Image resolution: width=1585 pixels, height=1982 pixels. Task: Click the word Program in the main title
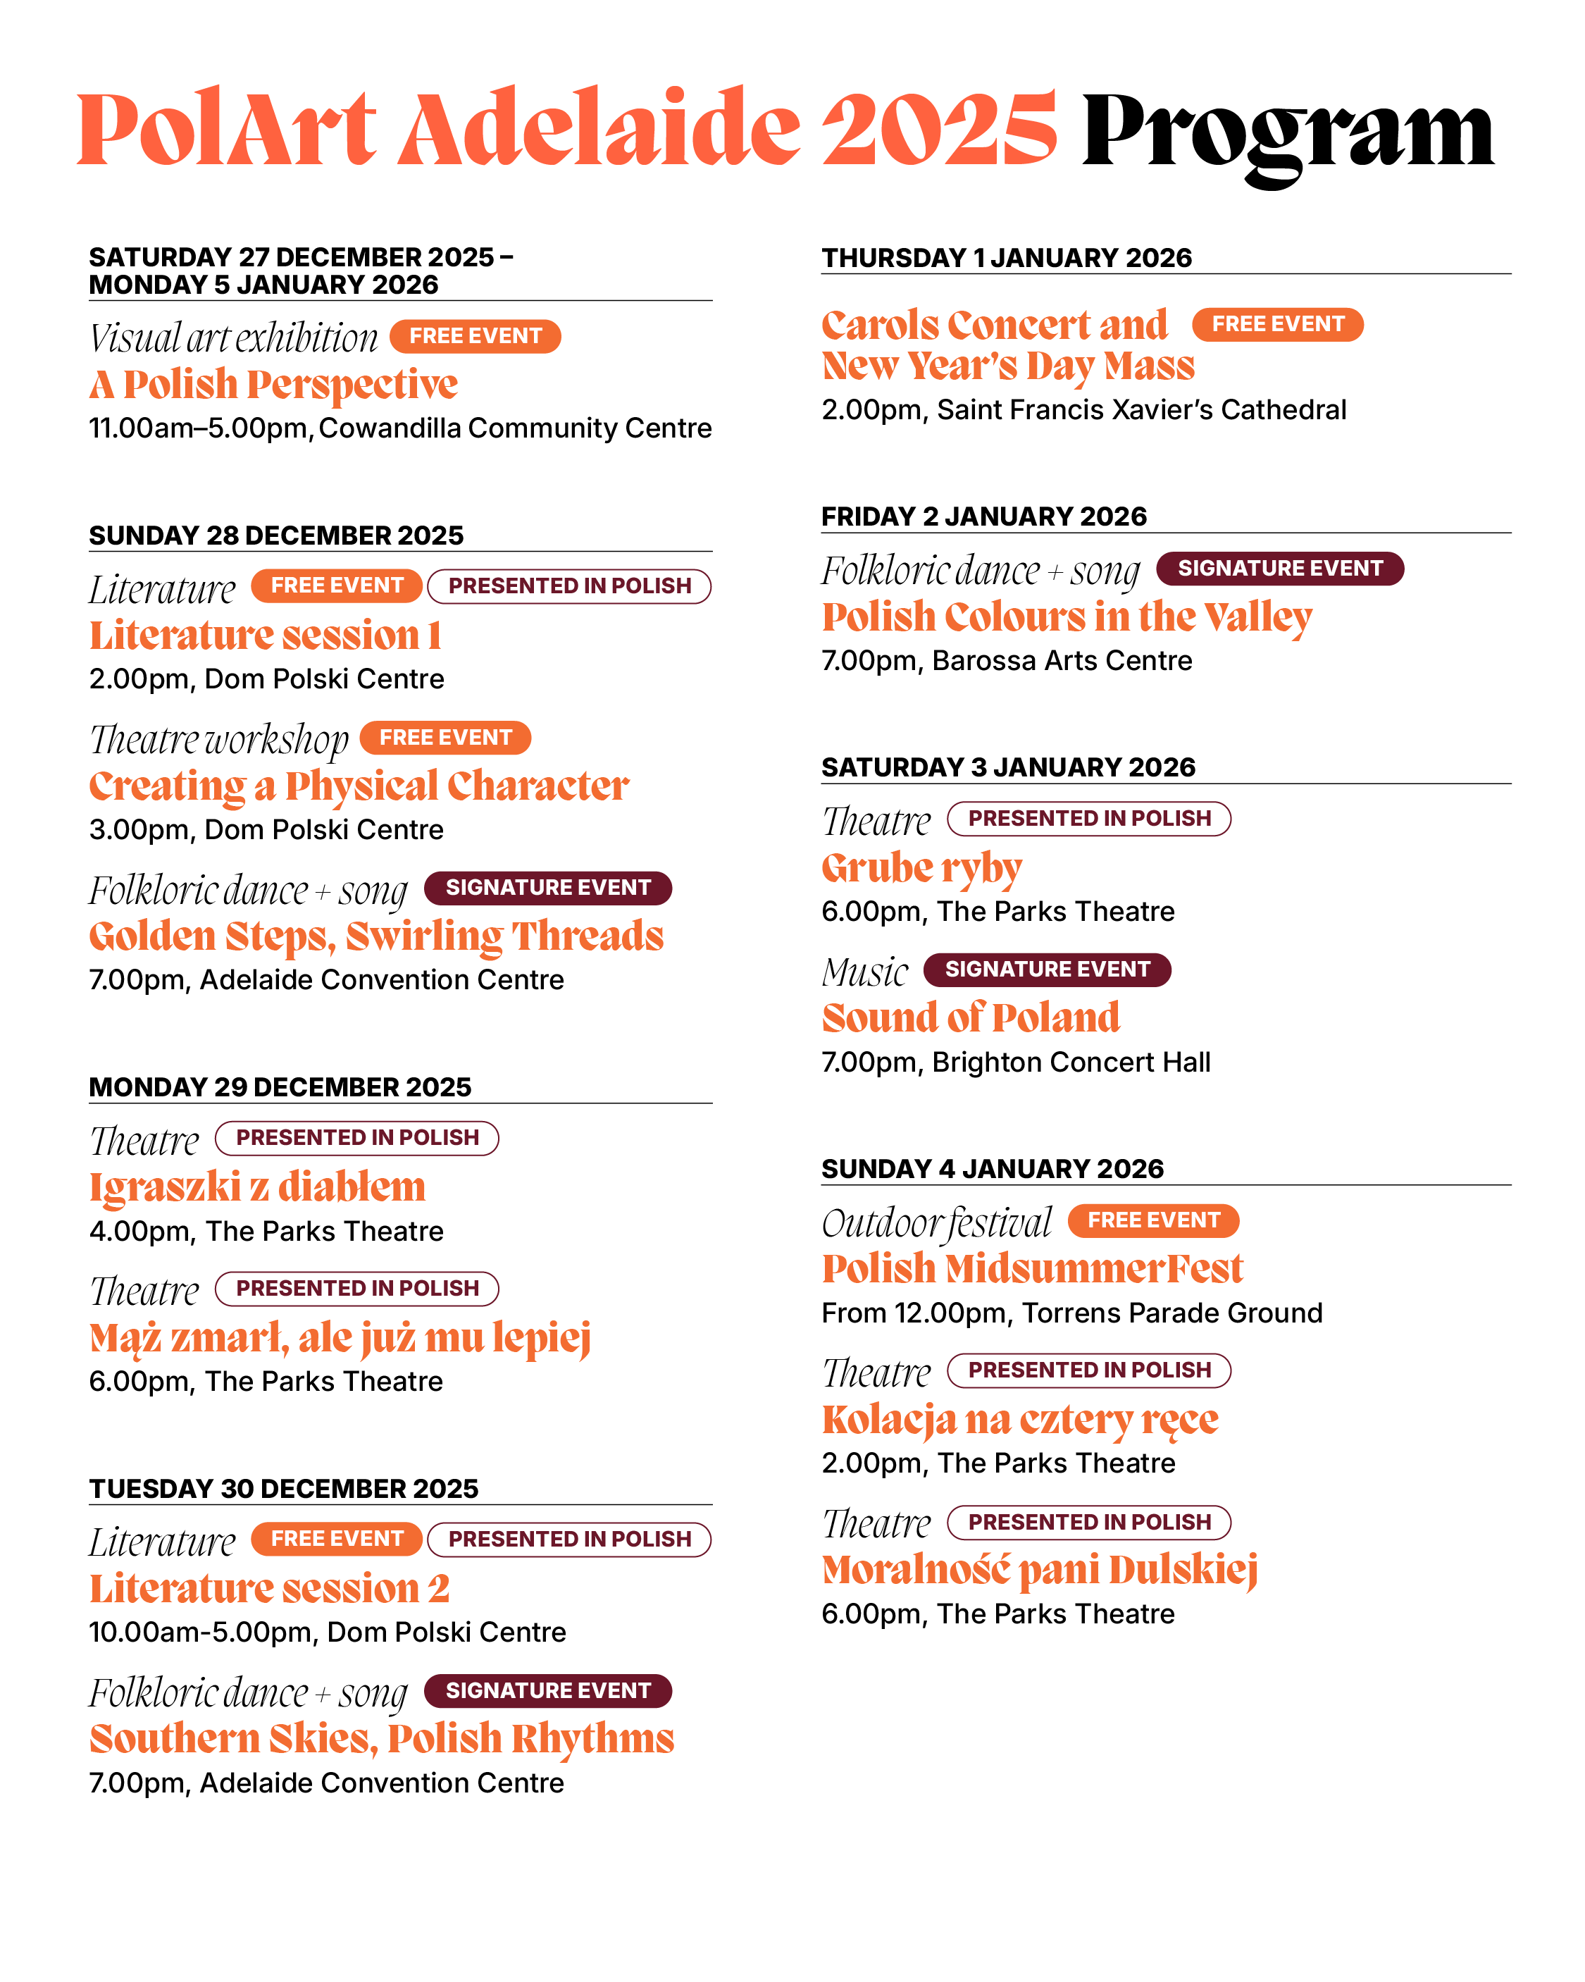[1287, 133]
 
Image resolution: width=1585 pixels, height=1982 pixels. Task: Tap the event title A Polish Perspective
[273, 384]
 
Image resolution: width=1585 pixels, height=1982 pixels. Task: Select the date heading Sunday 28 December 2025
[276, 535]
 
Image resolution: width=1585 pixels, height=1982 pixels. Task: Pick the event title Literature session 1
[265, 636]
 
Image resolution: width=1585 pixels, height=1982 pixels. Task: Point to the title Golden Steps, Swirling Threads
[376, 936]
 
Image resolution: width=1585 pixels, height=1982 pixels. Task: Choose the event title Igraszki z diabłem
[257, 1187]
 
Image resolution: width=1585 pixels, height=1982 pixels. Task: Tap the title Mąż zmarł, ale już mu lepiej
[340, 1337]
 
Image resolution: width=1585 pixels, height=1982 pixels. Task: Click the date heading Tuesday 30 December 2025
[283, 1488]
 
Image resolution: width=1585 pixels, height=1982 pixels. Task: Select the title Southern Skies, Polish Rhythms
[382, 1738]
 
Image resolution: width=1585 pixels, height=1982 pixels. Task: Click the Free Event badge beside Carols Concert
[1277, 325]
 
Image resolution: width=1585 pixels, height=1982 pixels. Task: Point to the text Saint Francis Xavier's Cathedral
[1141, 410]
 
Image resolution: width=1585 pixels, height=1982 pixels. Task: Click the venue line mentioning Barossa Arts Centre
[1007, 661]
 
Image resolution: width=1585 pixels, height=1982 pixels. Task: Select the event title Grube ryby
[921, 868]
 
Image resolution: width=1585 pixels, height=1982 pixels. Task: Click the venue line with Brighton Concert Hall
[1015, 1062]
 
